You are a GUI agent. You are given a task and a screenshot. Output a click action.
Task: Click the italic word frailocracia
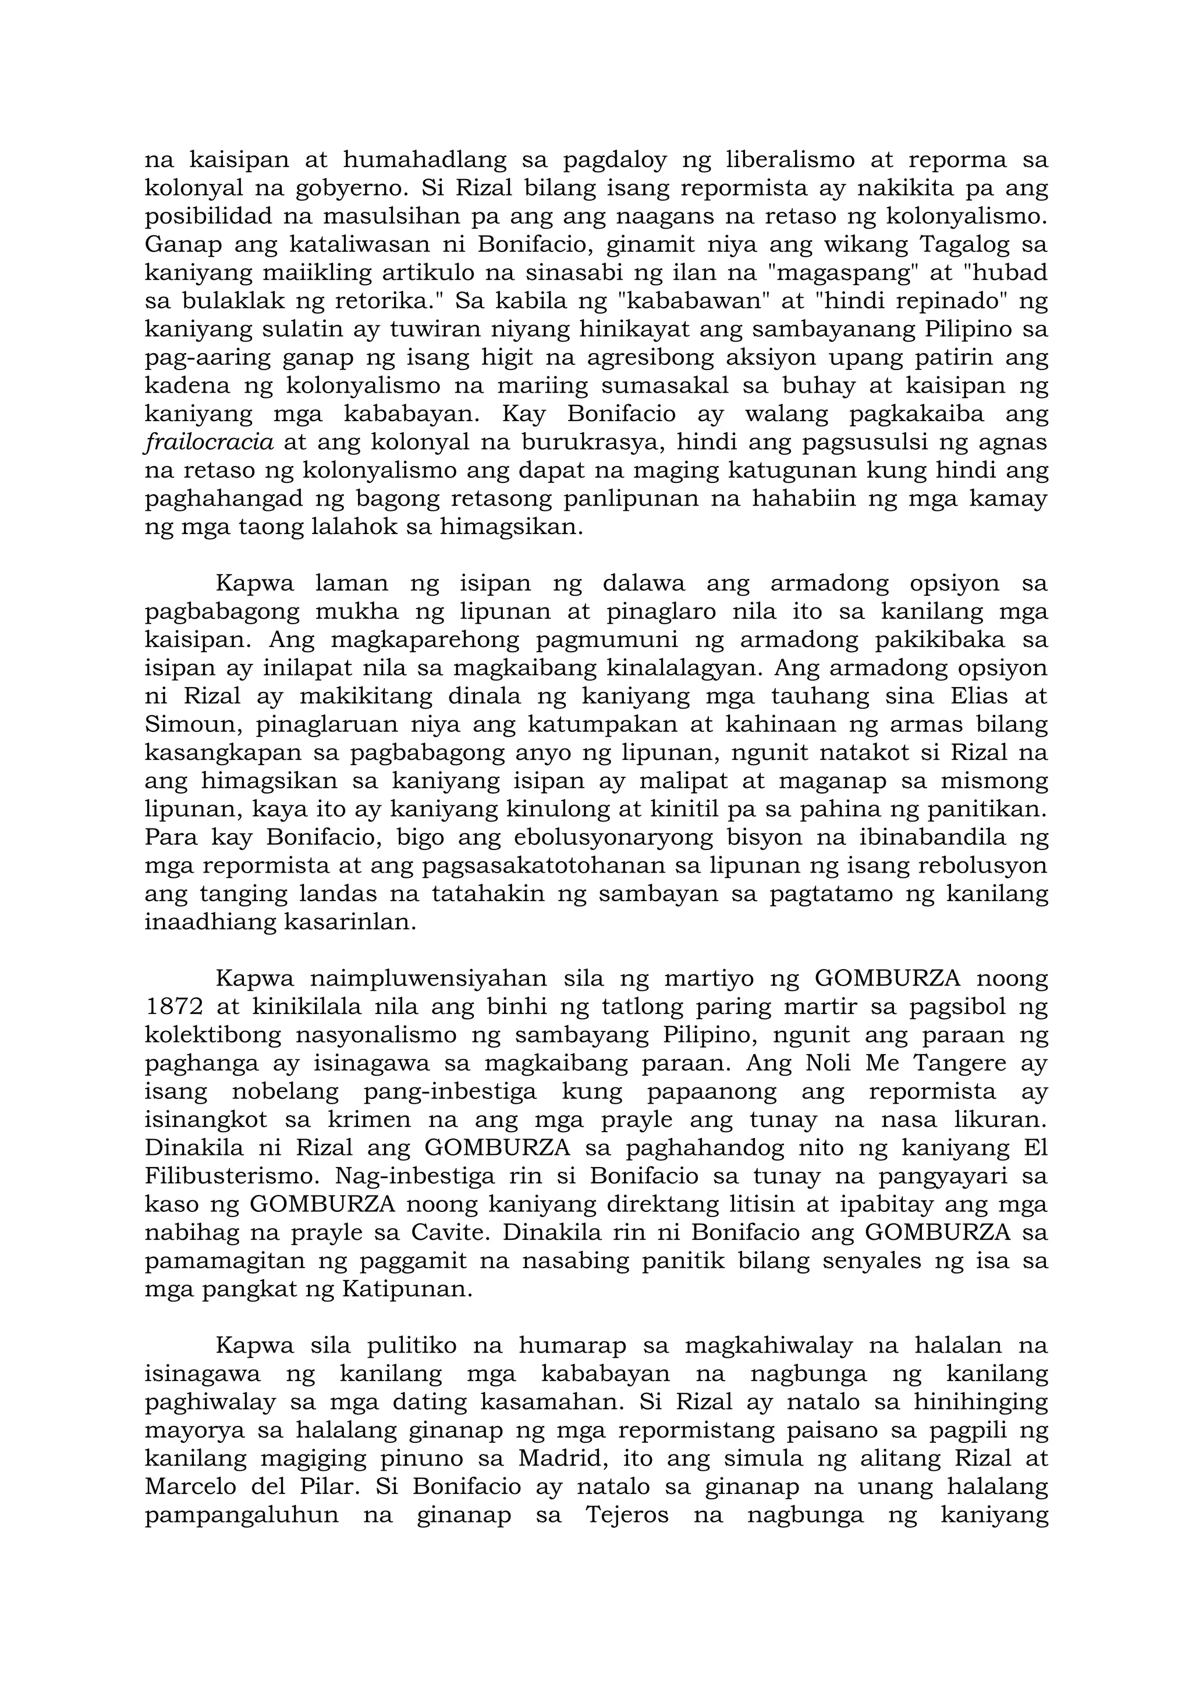click(x=210, y=443)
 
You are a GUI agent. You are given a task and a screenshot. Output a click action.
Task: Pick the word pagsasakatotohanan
click(x=545, y=866)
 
